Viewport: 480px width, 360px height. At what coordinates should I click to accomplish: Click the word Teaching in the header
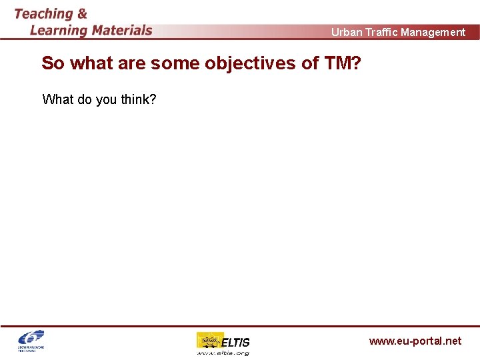43,13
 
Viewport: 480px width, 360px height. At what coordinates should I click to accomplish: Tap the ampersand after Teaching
81,13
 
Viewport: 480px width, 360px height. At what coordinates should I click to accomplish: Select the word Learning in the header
59,30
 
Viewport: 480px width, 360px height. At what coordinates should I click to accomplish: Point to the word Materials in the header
121,30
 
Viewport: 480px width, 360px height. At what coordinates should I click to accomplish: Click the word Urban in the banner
345,32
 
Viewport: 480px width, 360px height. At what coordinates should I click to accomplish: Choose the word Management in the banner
433,32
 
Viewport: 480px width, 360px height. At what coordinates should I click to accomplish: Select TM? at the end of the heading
343,63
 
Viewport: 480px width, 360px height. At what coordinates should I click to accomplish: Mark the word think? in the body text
139,100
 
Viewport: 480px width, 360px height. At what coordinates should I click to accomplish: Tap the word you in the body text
107,100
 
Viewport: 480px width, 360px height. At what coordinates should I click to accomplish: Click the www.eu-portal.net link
415,341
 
